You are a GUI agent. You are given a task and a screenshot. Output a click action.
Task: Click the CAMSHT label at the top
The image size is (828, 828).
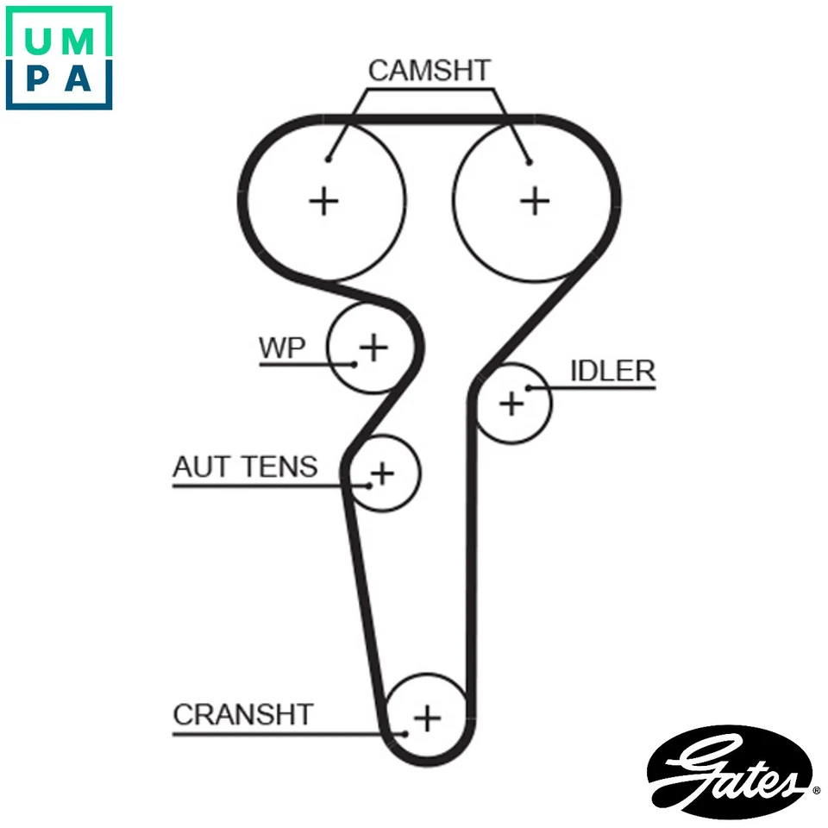[429, 71]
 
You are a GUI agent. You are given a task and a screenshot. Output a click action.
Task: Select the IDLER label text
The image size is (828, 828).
[612, 371]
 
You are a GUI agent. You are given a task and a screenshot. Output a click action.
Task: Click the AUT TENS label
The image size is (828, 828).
[245, 467]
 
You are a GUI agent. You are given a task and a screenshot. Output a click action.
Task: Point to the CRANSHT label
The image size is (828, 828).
[243, 714]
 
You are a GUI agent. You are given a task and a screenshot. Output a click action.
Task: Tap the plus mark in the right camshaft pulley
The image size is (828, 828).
[535, 200]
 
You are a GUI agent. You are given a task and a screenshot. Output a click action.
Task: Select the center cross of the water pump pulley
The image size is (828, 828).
[373, 348]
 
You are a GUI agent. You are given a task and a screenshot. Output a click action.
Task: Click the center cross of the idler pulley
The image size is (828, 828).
[511, 403]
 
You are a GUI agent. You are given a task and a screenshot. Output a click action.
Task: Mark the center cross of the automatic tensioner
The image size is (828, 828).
[381, 473]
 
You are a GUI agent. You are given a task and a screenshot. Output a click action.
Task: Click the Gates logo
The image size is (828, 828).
[732, 770]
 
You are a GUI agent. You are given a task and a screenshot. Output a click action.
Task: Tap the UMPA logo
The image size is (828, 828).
[59, 58]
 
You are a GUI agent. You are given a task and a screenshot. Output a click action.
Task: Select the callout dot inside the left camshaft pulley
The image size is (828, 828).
[329, 159]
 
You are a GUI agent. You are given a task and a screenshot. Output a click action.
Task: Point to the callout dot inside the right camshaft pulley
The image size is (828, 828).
[529, 161]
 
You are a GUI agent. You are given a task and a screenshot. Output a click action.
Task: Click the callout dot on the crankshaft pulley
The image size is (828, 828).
[405, 734]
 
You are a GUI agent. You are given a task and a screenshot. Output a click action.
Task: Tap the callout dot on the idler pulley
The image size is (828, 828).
[527, 388]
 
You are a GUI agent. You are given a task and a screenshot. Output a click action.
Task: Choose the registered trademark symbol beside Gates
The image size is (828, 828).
[816, 788]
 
